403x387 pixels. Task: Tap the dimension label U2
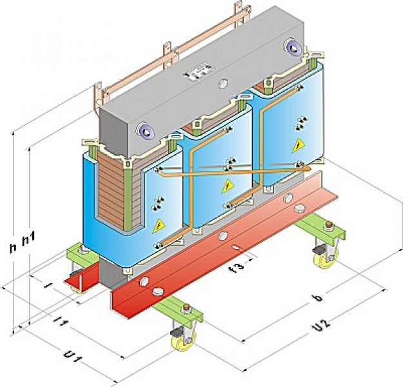click(x=320, y=327)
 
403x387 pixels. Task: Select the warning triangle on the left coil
click(x=158, y=226)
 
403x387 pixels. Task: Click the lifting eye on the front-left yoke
click(x=144, y=132)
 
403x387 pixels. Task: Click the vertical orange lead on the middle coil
click(x=192, y=187)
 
